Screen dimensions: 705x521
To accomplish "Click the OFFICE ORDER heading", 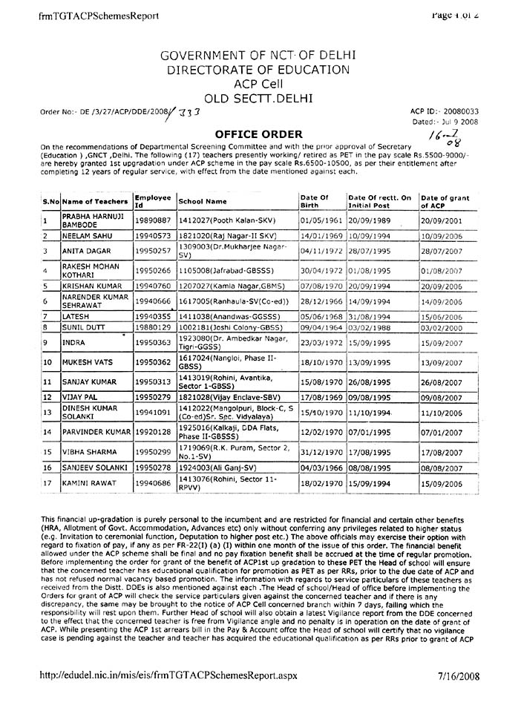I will click(x=258, y=134).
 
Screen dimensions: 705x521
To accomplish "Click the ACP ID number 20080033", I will click(x=459, y=110).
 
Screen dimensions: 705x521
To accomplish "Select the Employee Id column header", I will click(x=154, y=201).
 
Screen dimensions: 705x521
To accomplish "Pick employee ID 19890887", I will click(x=154, y=220).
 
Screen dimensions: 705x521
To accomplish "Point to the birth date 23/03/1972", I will click(x=320, y=343).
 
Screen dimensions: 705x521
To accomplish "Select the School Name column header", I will click(x=203, y=201).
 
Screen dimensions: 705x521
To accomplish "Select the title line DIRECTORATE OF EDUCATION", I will click(x=258, y=70).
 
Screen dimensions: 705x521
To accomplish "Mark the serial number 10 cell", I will click(x=47, y=362).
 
